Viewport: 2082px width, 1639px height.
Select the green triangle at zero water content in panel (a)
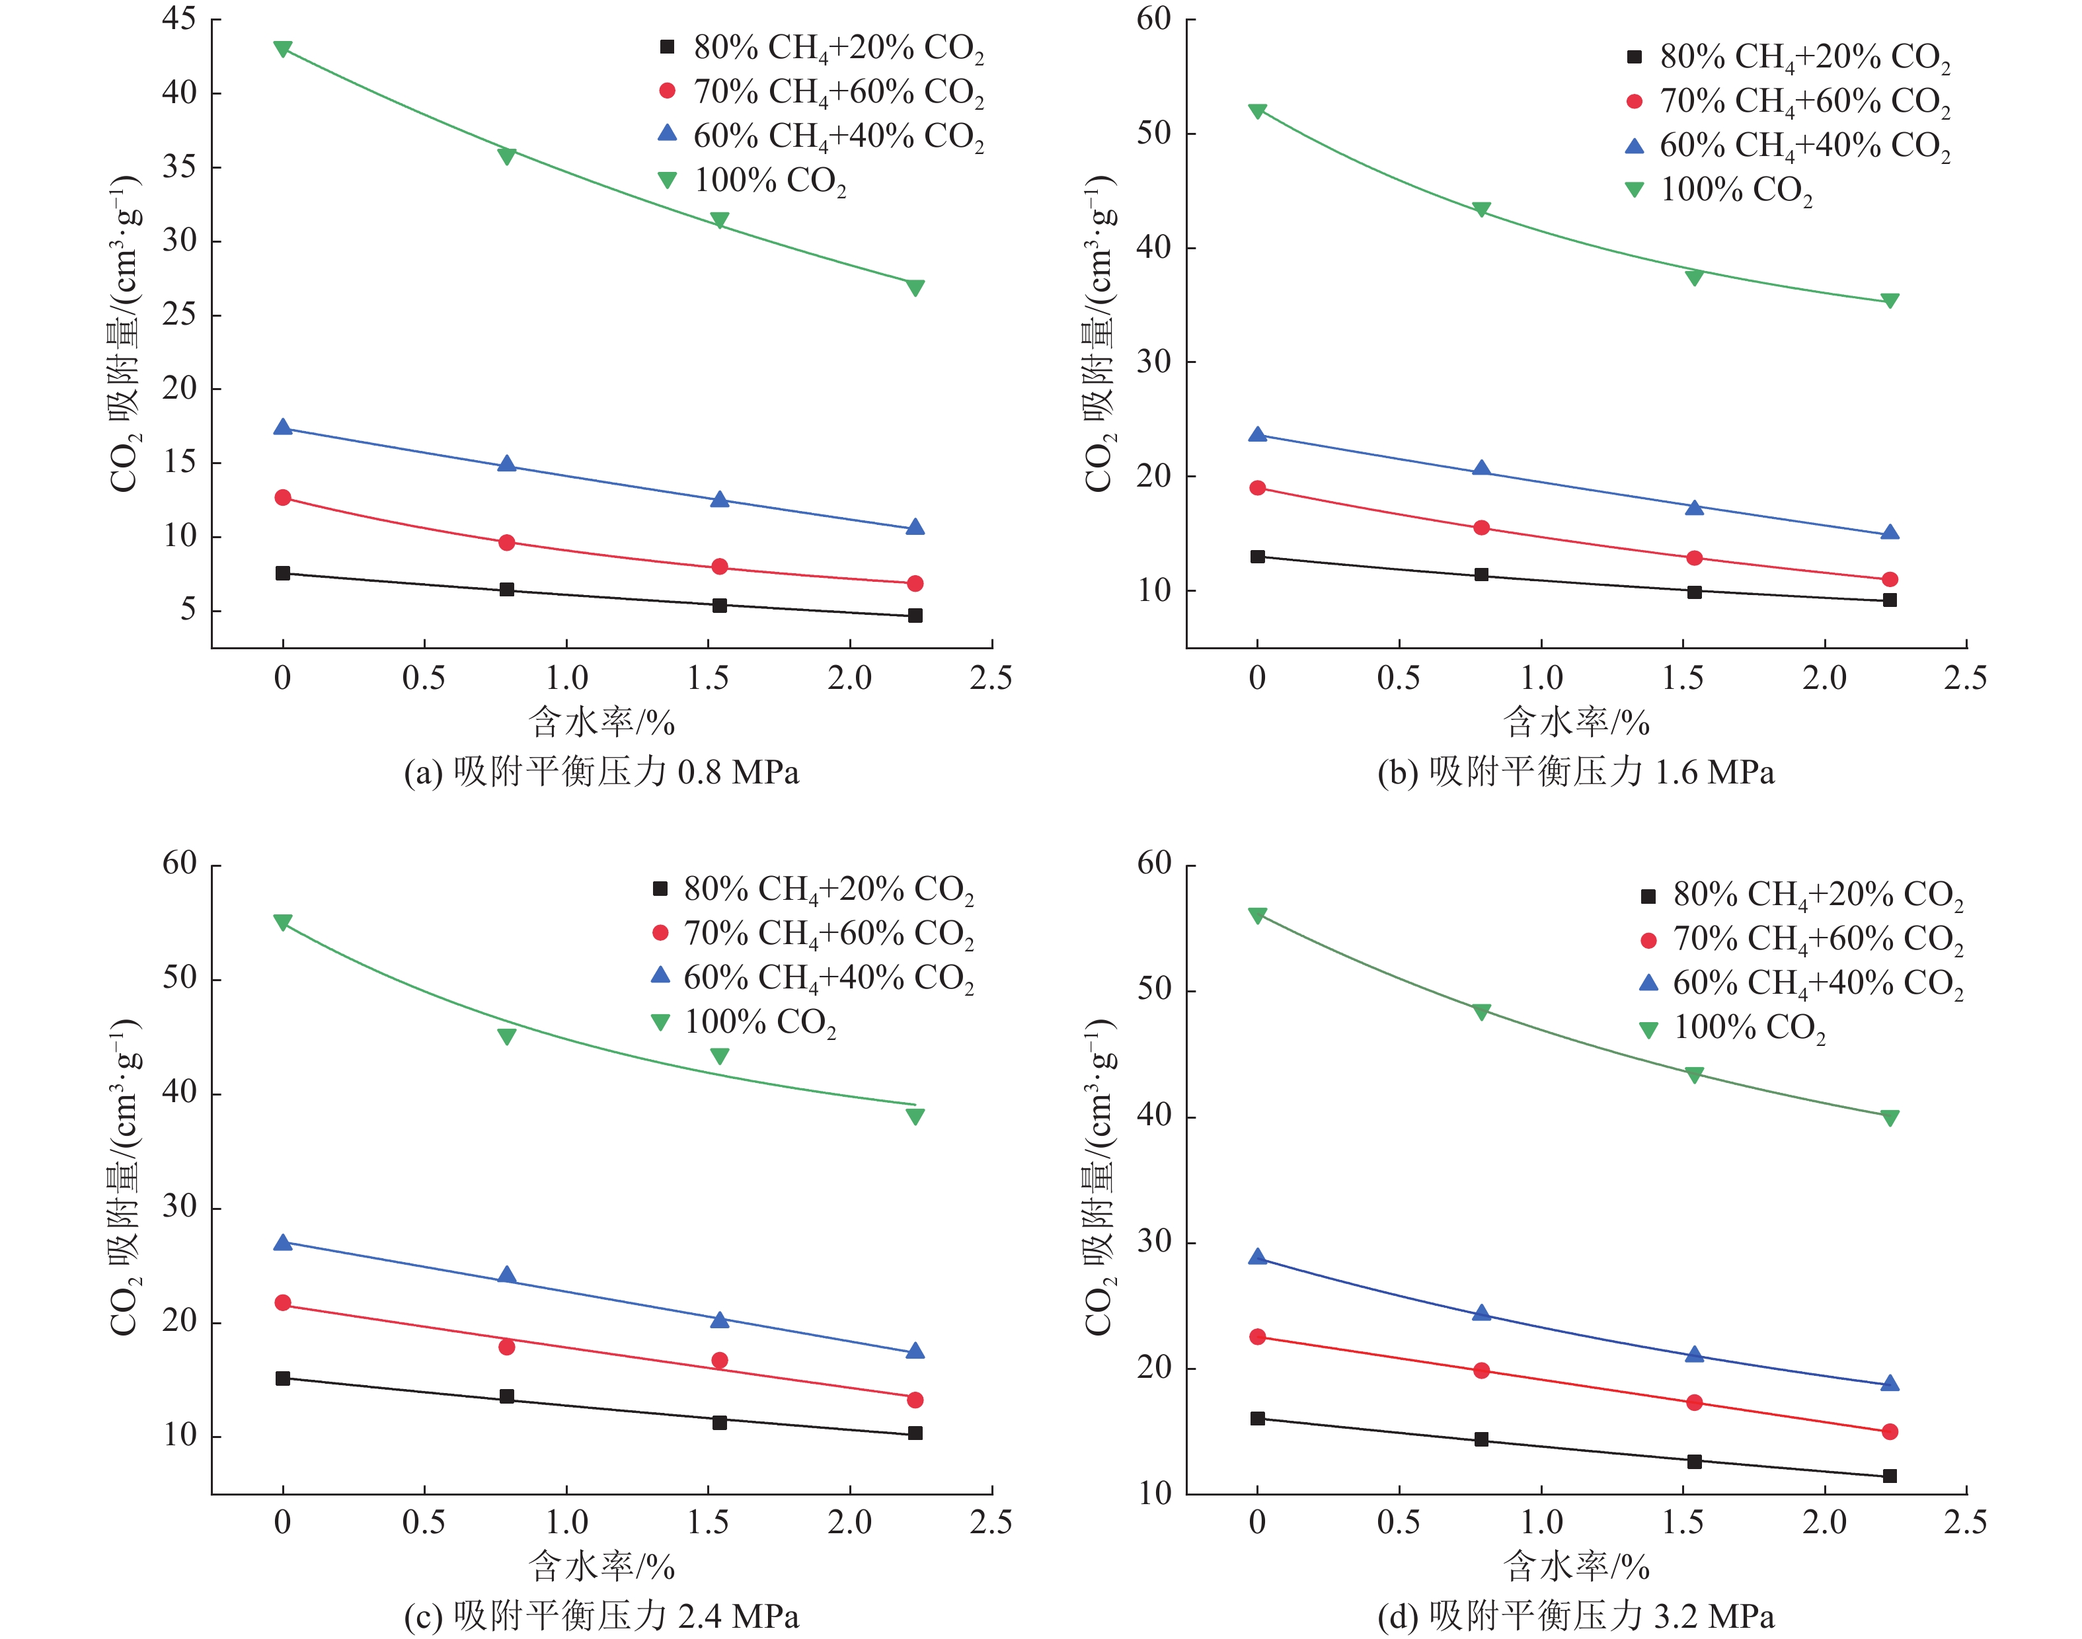pyautogui.click(x=282, y=49)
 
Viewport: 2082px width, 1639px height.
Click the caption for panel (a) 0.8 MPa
pyautogui.click(x=601, y=772)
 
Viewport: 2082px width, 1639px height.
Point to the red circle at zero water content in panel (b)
pyautogui.click(x=1257, y=487)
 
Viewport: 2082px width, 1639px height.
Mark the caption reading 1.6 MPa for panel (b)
pyautogui.click(x=1576, y=772)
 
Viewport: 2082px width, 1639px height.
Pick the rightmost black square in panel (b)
pyautogui.click(x=1889, y=600)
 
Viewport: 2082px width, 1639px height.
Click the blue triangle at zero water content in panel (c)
pyautogui.click(x=282, y=1243)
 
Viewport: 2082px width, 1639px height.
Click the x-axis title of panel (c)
pyautogui.click(x=601, y=1566)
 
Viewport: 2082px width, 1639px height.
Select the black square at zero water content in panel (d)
pyautogui.click(x=1257, y=1418)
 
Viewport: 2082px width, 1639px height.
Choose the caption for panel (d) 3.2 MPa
pyautogui.click(x=1576, y=1617)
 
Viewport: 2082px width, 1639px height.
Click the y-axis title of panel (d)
pyautogui.click(x=1100, y=1178)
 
